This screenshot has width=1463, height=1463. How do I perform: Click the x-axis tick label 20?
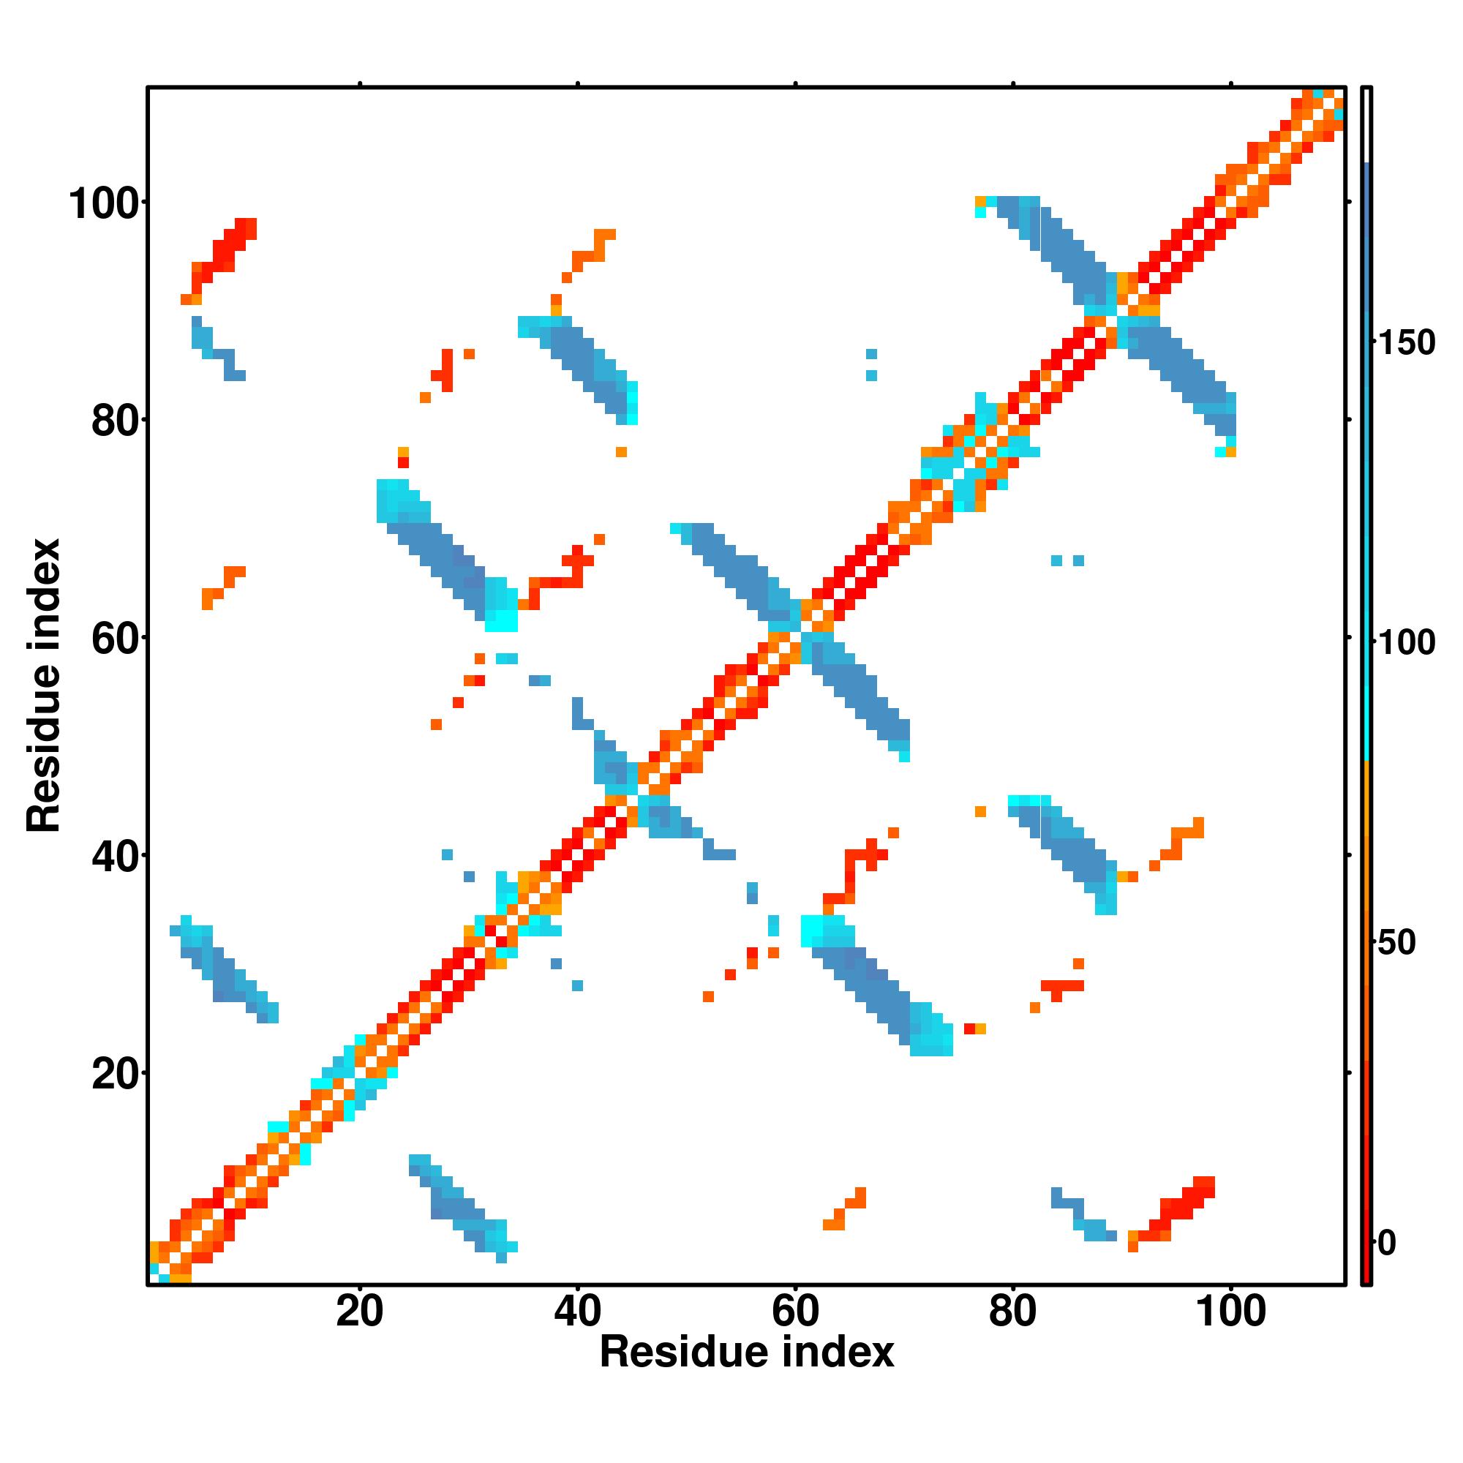(x=360, y=1311)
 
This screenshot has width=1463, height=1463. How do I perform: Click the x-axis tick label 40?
(x=577, y=1311)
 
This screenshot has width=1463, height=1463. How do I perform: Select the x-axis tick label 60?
(x=795, y=1311)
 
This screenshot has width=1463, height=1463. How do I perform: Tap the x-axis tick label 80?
(x=1012, y=1311)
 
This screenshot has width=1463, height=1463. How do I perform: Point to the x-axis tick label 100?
(x=1230, y=1311)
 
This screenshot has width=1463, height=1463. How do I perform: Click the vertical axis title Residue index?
(x=44, y=685)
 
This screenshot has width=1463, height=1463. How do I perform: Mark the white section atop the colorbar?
(x=1367, y=125)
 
